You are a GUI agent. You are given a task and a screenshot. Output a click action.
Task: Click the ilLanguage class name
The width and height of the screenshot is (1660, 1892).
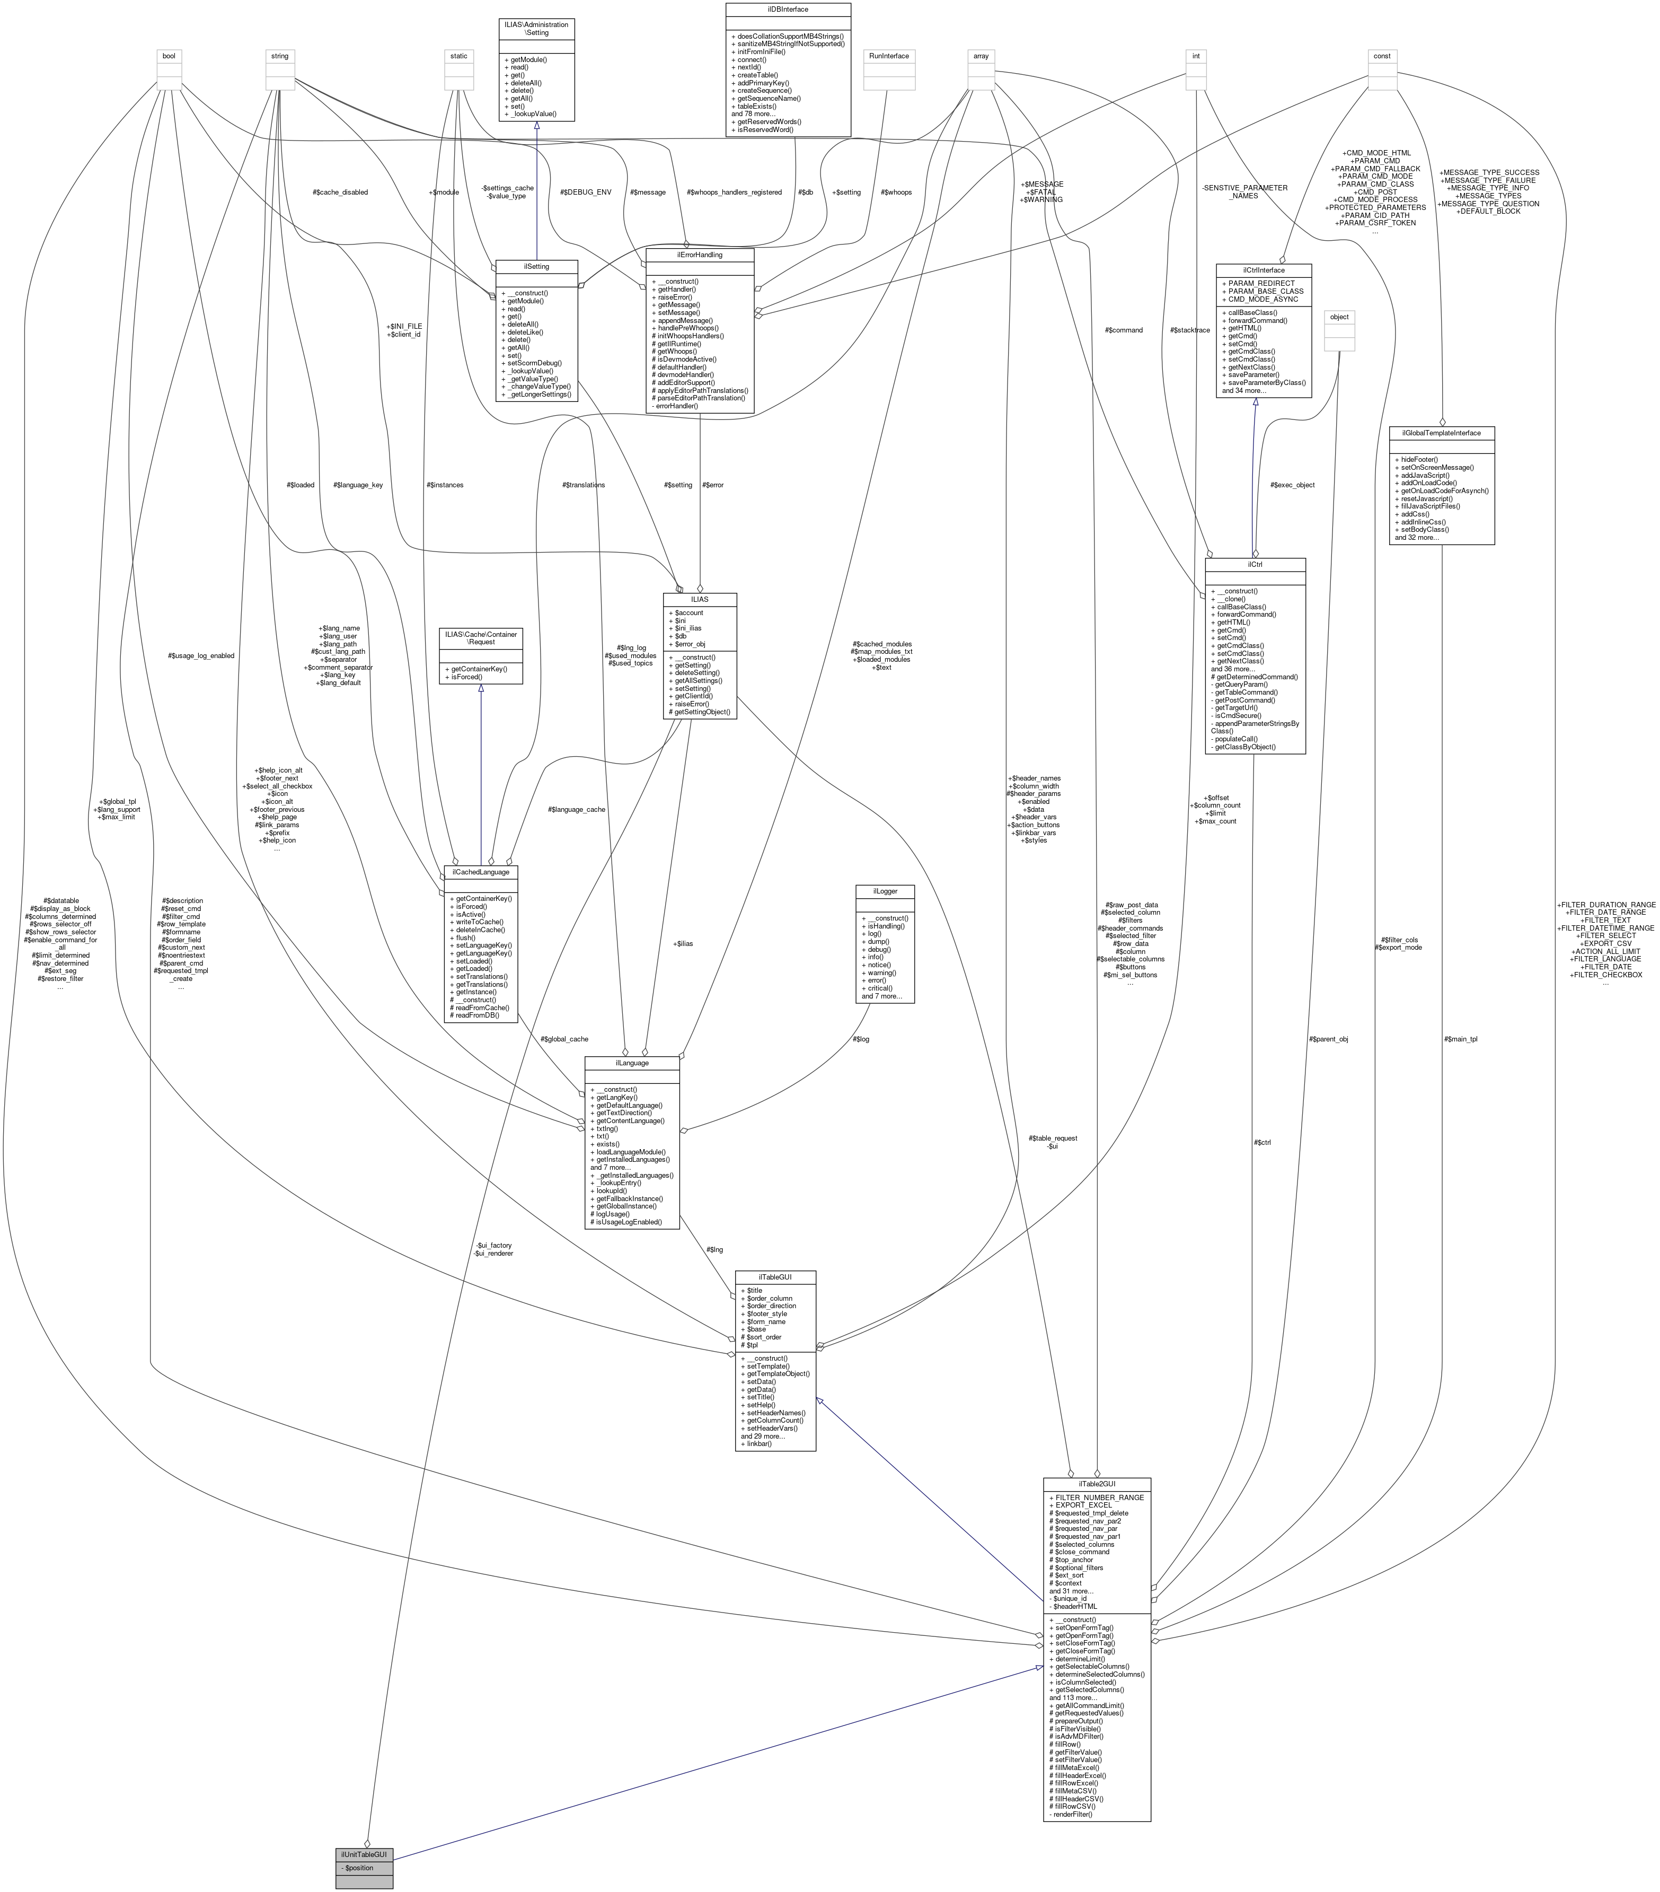tap(632, 1063)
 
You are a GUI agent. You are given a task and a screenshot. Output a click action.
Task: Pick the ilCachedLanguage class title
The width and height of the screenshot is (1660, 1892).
tap(480, 872)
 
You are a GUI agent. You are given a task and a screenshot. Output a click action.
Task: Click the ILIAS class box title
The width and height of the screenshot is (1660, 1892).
tap(700, 599)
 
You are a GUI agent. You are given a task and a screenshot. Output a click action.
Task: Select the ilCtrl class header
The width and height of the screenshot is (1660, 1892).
tap(1254, 564)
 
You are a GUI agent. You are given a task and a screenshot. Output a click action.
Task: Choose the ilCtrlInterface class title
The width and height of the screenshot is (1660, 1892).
tap(1263, 269)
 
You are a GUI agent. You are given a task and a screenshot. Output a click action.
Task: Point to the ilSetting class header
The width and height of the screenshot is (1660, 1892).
tap(537, 266)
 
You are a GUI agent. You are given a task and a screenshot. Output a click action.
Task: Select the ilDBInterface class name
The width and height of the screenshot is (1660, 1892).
tap(788, 9)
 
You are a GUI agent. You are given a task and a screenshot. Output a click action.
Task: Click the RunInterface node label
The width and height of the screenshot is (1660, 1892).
tap(888, 56)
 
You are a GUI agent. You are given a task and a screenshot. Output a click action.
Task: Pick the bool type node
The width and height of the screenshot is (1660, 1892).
tap(169, 56)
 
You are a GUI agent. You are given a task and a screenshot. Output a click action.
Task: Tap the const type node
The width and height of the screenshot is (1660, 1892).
tap(1381, 56)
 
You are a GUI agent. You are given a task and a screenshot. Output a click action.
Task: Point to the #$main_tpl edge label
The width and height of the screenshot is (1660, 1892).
tap(1460, 1039)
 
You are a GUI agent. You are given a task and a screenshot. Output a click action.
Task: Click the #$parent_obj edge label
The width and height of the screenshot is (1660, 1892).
tap(1329, 1039)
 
